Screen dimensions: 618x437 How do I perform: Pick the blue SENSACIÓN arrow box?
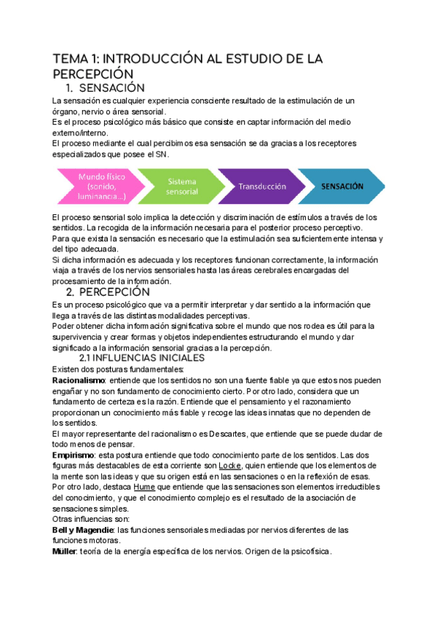click(341, 187)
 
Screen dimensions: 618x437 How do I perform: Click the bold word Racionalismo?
click(79, 380)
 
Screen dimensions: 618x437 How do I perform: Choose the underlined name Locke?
click(230, 466)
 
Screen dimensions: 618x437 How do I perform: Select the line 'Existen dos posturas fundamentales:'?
click(119, 369)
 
